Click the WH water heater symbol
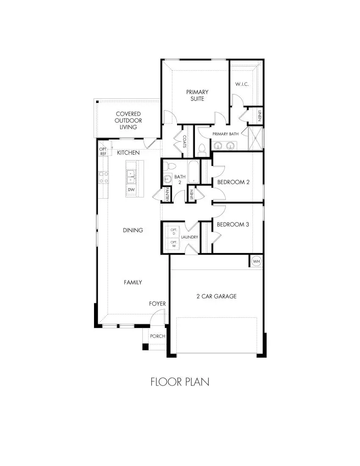(256, 261)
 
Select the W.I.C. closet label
(242, 84)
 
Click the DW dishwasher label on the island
(131, 190)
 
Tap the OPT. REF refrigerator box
(103, 151)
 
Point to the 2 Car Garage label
(216, 296)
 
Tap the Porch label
(158, 336)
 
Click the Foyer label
(157, 304)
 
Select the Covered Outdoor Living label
(128, 120)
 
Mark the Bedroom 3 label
(233, 224)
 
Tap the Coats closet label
(185, 141)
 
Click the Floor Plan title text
(180, 382)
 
